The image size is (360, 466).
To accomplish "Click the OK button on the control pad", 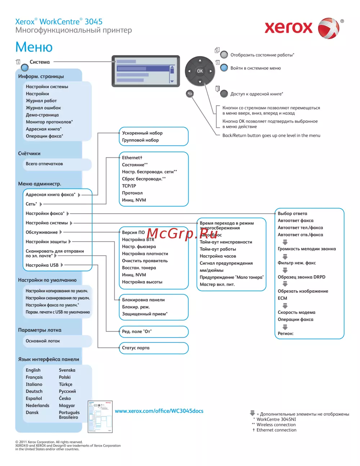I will pos(200,71).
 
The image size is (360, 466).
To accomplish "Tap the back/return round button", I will pos(190,94).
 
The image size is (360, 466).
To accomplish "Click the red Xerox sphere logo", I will pos(328,28).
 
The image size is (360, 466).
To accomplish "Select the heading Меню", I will pos(34,47).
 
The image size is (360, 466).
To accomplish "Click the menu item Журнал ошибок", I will pos(43,108).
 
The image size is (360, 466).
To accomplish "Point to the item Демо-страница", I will pos(42,115).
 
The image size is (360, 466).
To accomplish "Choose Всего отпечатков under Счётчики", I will pos(44,164).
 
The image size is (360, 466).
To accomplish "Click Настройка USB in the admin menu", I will pos(42,265).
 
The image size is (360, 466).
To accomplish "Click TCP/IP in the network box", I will pos(129,186).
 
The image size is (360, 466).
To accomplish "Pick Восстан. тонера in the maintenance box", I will pos(139,268).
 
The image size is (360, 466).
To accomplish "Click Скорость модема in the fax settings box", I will pos(296,312).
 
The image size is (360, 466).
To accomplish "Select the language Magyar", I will pos(67,405).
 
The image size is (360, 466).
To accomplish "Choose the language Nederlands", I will pos(37,405).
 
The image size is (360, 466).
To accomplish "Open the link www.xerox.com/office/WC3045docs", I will pos(159,411).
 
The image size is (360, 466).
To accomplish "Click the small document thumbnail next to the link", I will pos(100,417).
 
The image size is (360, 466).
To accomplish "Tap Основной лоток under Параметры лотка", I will pos(43,341).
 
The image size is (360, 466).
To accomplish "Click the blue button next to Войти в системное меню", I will pos(224,68).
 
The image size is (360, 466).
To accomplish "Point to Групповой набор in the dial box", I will pos(140,140).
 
